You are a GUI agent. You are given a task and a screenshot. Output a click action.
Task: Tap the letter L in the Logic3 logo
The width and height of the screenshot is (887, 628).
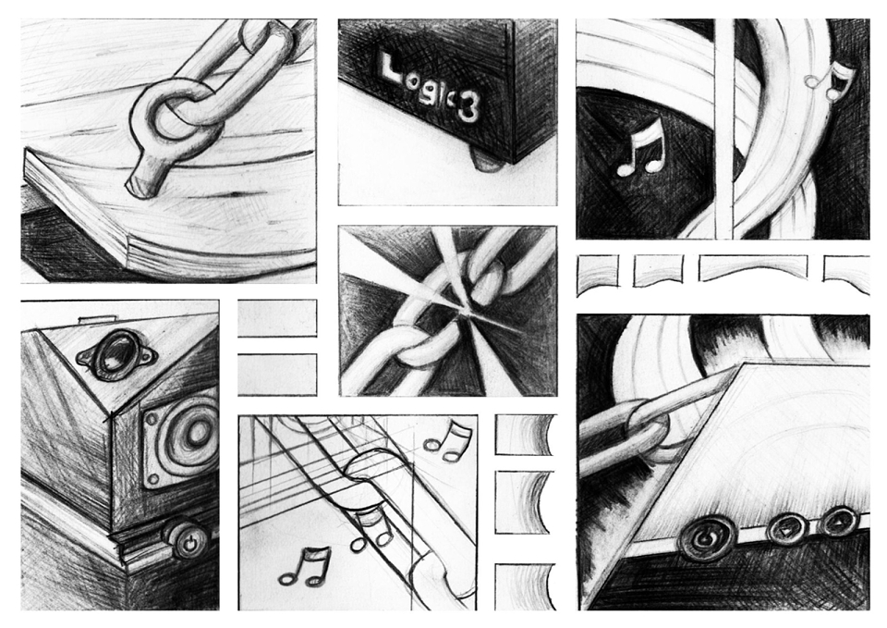[389, 67]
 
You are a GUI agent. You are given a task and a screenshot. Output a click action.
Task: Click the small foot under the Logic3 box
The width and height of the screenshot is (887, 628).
[487, 160]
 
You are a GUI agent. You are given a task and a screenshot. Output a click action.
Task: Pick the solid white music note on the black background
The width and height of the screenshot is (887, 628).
[639, 147]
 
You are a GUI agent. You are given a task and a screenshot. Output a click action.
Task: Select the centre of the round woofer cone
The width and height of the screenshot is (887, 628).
[198, 433]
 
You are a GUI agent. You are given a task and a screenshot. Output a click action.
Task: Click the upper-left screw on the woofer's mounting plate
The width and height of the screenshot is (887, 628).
[151, 420]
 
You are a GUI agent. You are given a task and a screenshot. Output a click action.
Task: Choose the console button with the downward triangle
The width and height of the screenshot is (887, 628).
[785, 530]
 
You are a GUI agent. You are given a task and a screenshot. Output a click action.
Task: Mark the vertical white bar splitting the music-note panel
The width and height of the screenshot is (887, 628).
[723, 129]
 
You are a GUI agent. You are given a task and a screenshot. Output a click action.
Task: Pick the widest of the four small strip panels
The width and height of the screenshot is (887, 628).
[754, 268]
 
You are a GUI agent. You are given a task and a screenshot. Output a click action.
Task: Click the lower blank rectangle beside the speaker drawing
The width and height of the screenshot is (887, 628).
[277, 375]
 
